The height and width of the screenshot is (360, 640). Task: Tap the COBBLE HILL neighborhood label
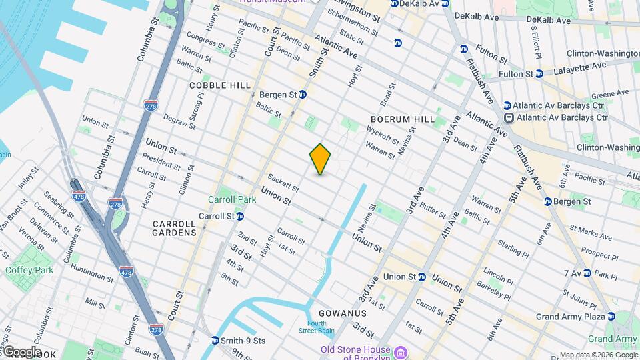click(220, 85)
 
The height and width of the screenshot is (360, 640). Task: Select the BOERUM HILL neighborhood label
click(403, 119)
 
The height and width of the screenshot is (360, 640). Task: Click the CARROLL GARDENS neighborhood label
click(174, 228)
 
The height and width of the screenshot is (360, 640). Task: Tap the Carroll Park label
click(232, 199)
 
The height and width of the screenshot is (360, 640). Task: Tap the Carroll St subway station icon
click(239, 216)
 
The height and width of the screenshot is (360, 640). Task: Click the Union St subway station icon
click(422, 277)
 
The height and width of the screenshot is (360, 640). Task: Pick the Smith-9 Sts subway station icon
click(215, 341)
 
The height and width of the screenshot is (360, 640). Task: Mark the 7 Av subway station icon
click(587, 273)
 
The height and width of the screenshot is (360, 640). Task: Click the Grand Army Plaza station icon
click(611, 317)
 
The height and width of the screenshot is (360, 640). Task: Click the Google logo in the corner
click(21, 352)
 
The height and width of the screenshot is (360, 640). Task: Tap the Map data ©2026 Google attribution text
click(598, 355)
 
